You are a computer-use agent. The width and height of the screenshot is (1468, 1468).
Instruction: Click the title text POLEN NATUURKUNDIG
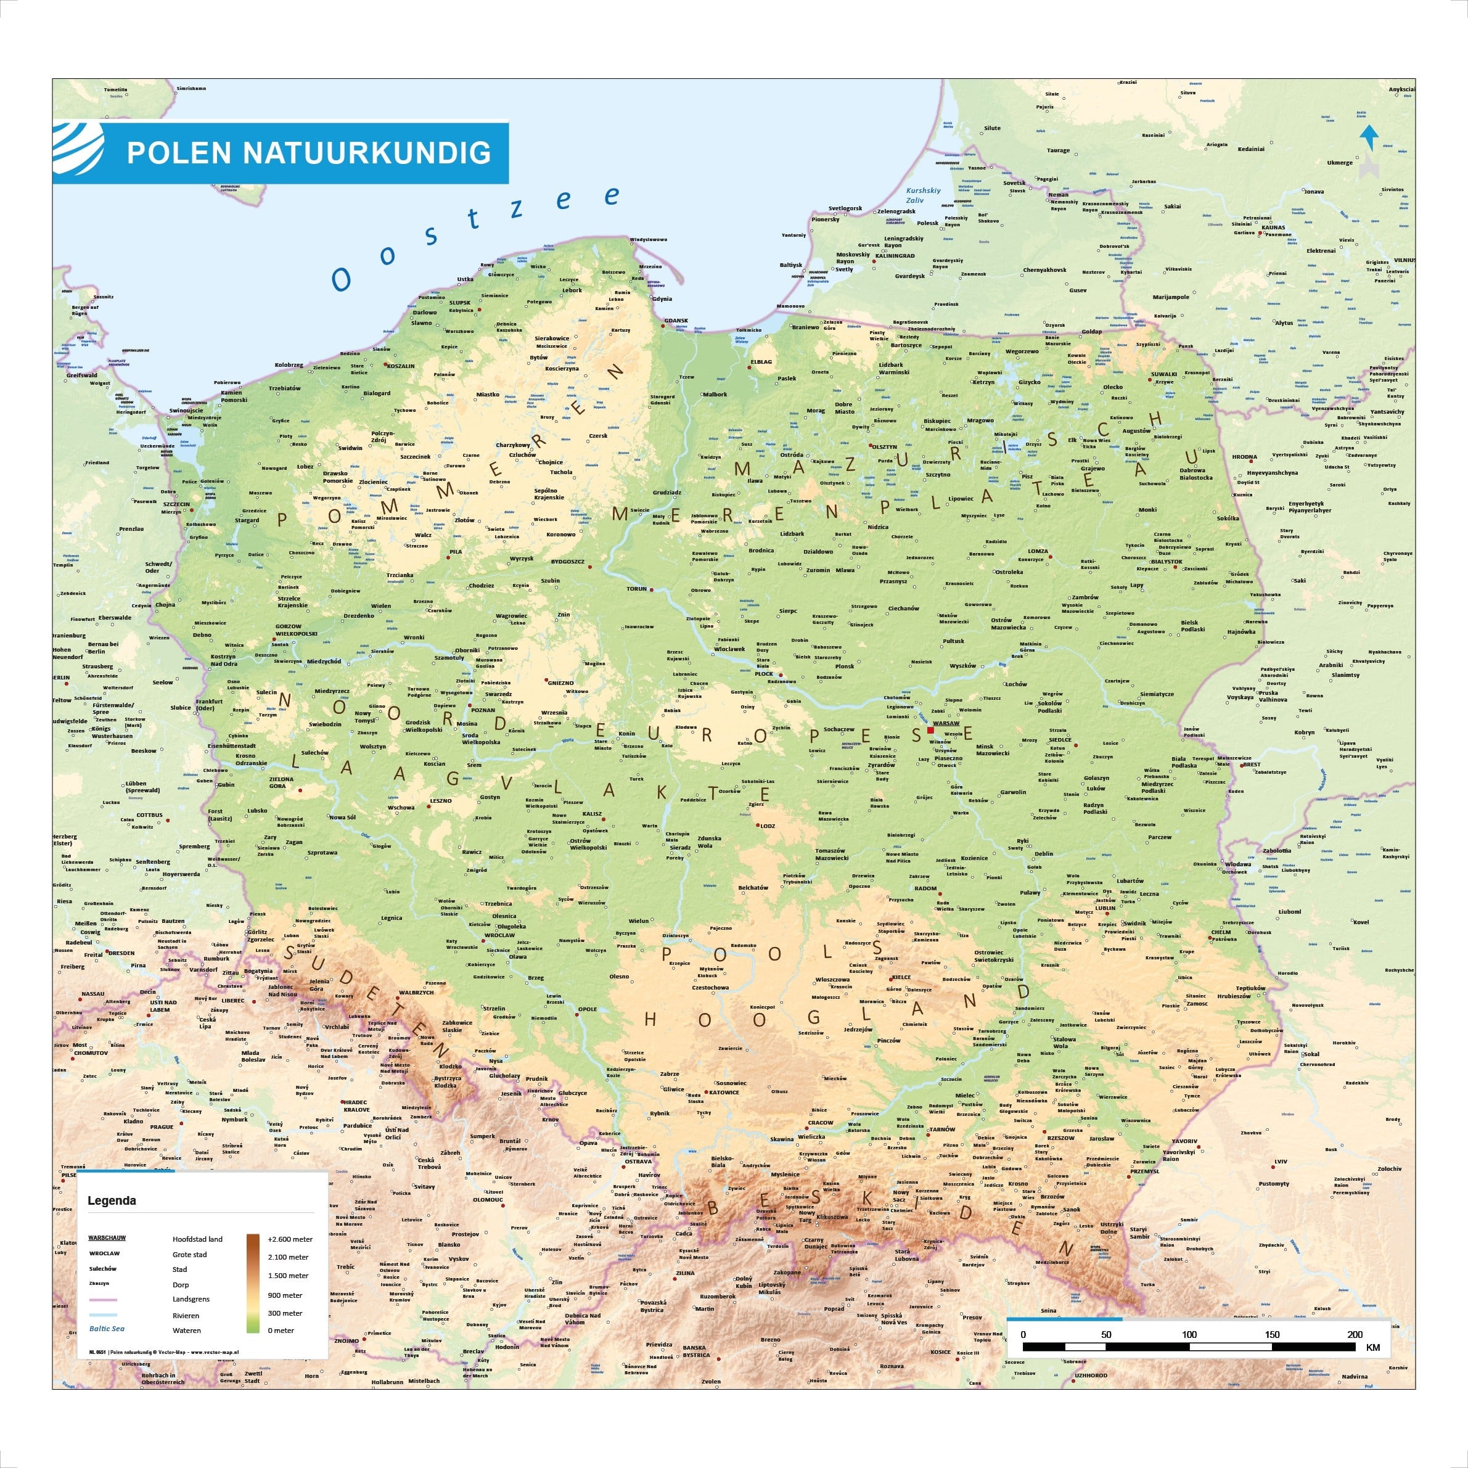pyautogui.click(x=308, y=153)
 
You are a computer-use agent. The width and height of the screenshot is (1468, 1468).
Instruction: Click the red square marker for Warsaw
pyautogui.click(x=931, y=730)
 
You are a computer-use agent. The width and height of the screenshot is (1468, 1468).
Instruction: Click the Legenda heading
pyautogui.click(x=112, y=1200)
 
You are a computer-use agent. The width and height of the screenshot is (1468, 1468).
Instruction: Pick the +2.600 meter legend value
pyautogui.click(x=290, y=1239)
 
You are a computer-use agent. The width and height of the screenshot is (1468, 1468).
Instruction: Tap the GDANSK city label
pyautogui.click(x=676, y=321)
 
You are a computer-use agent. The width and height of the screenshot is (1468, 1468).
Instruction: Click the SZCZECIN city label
pyautogui.click(x=176, y=504)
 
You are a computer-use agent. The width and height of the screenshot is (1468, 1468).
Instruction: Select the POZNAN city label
pyautogui.click(x=483, y=710)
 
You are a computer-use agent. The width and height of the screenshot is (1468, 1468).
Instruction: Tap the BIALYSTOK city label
pyautogui.click(x=1167, y=562)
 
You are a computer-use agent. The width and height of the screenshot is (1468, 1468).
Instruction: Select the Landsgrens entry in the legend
pyautogui.click(x=191, y=1298)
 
